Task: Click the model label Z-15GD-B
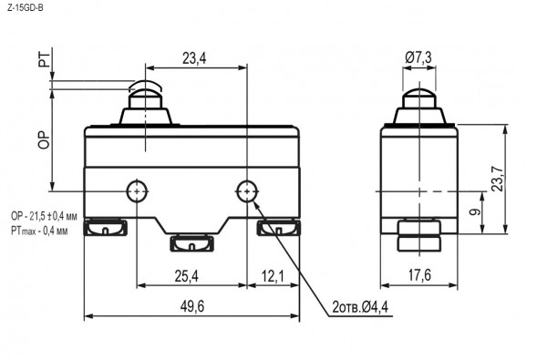(x=26, y=8)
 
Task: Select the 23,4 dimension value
(x=194, y=58)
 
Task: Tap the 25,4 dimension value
(x=187, y=276)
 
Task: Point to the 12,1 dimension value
(x=273, y=276)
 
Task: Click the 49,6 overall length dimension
(x=192, y=306)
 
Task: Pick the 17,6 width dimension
(x=419, y=275)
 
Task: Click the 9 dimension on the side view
(x=475, y=212)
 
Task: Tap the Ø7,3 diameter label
(x=418, y=57)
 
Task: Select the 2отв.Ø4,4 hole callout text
(x=360, y=307)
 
